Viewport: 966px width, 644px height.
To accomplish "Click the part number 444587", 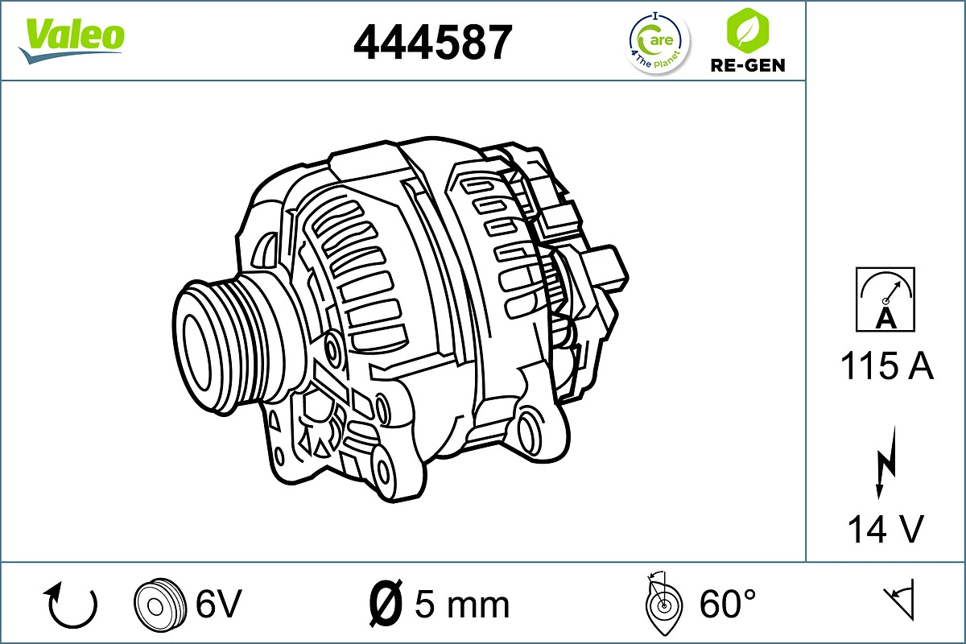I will pos(432,43).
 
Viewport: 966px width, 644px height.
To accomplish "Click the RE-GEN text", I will pos(747,65).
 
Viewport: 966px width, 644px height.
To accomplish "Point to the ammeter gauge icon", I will pos(885,299).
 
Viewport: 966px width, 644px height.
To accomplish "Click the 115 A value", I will pos(885,367).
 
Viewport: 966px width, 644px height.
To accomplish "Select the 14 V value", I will pos(885,530).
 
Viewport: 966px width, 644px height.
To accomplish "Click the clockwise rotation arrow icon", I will pos(72,605).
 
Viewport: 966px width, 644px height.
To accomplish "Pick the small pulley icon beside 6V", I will pos(156,604).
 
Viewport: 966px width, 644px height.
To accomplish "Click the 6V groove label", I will pos(218,603).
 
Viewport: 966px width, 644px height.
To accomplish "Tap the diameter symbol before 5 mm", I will pos(386,604).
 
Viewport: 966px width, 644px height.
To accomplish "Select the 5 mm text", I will pos(462,604).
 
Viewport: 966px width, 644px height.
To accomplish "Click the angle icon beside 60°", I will pos(663,605).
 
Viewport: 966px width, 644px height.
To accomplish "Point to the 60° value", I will pos(728,603).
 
